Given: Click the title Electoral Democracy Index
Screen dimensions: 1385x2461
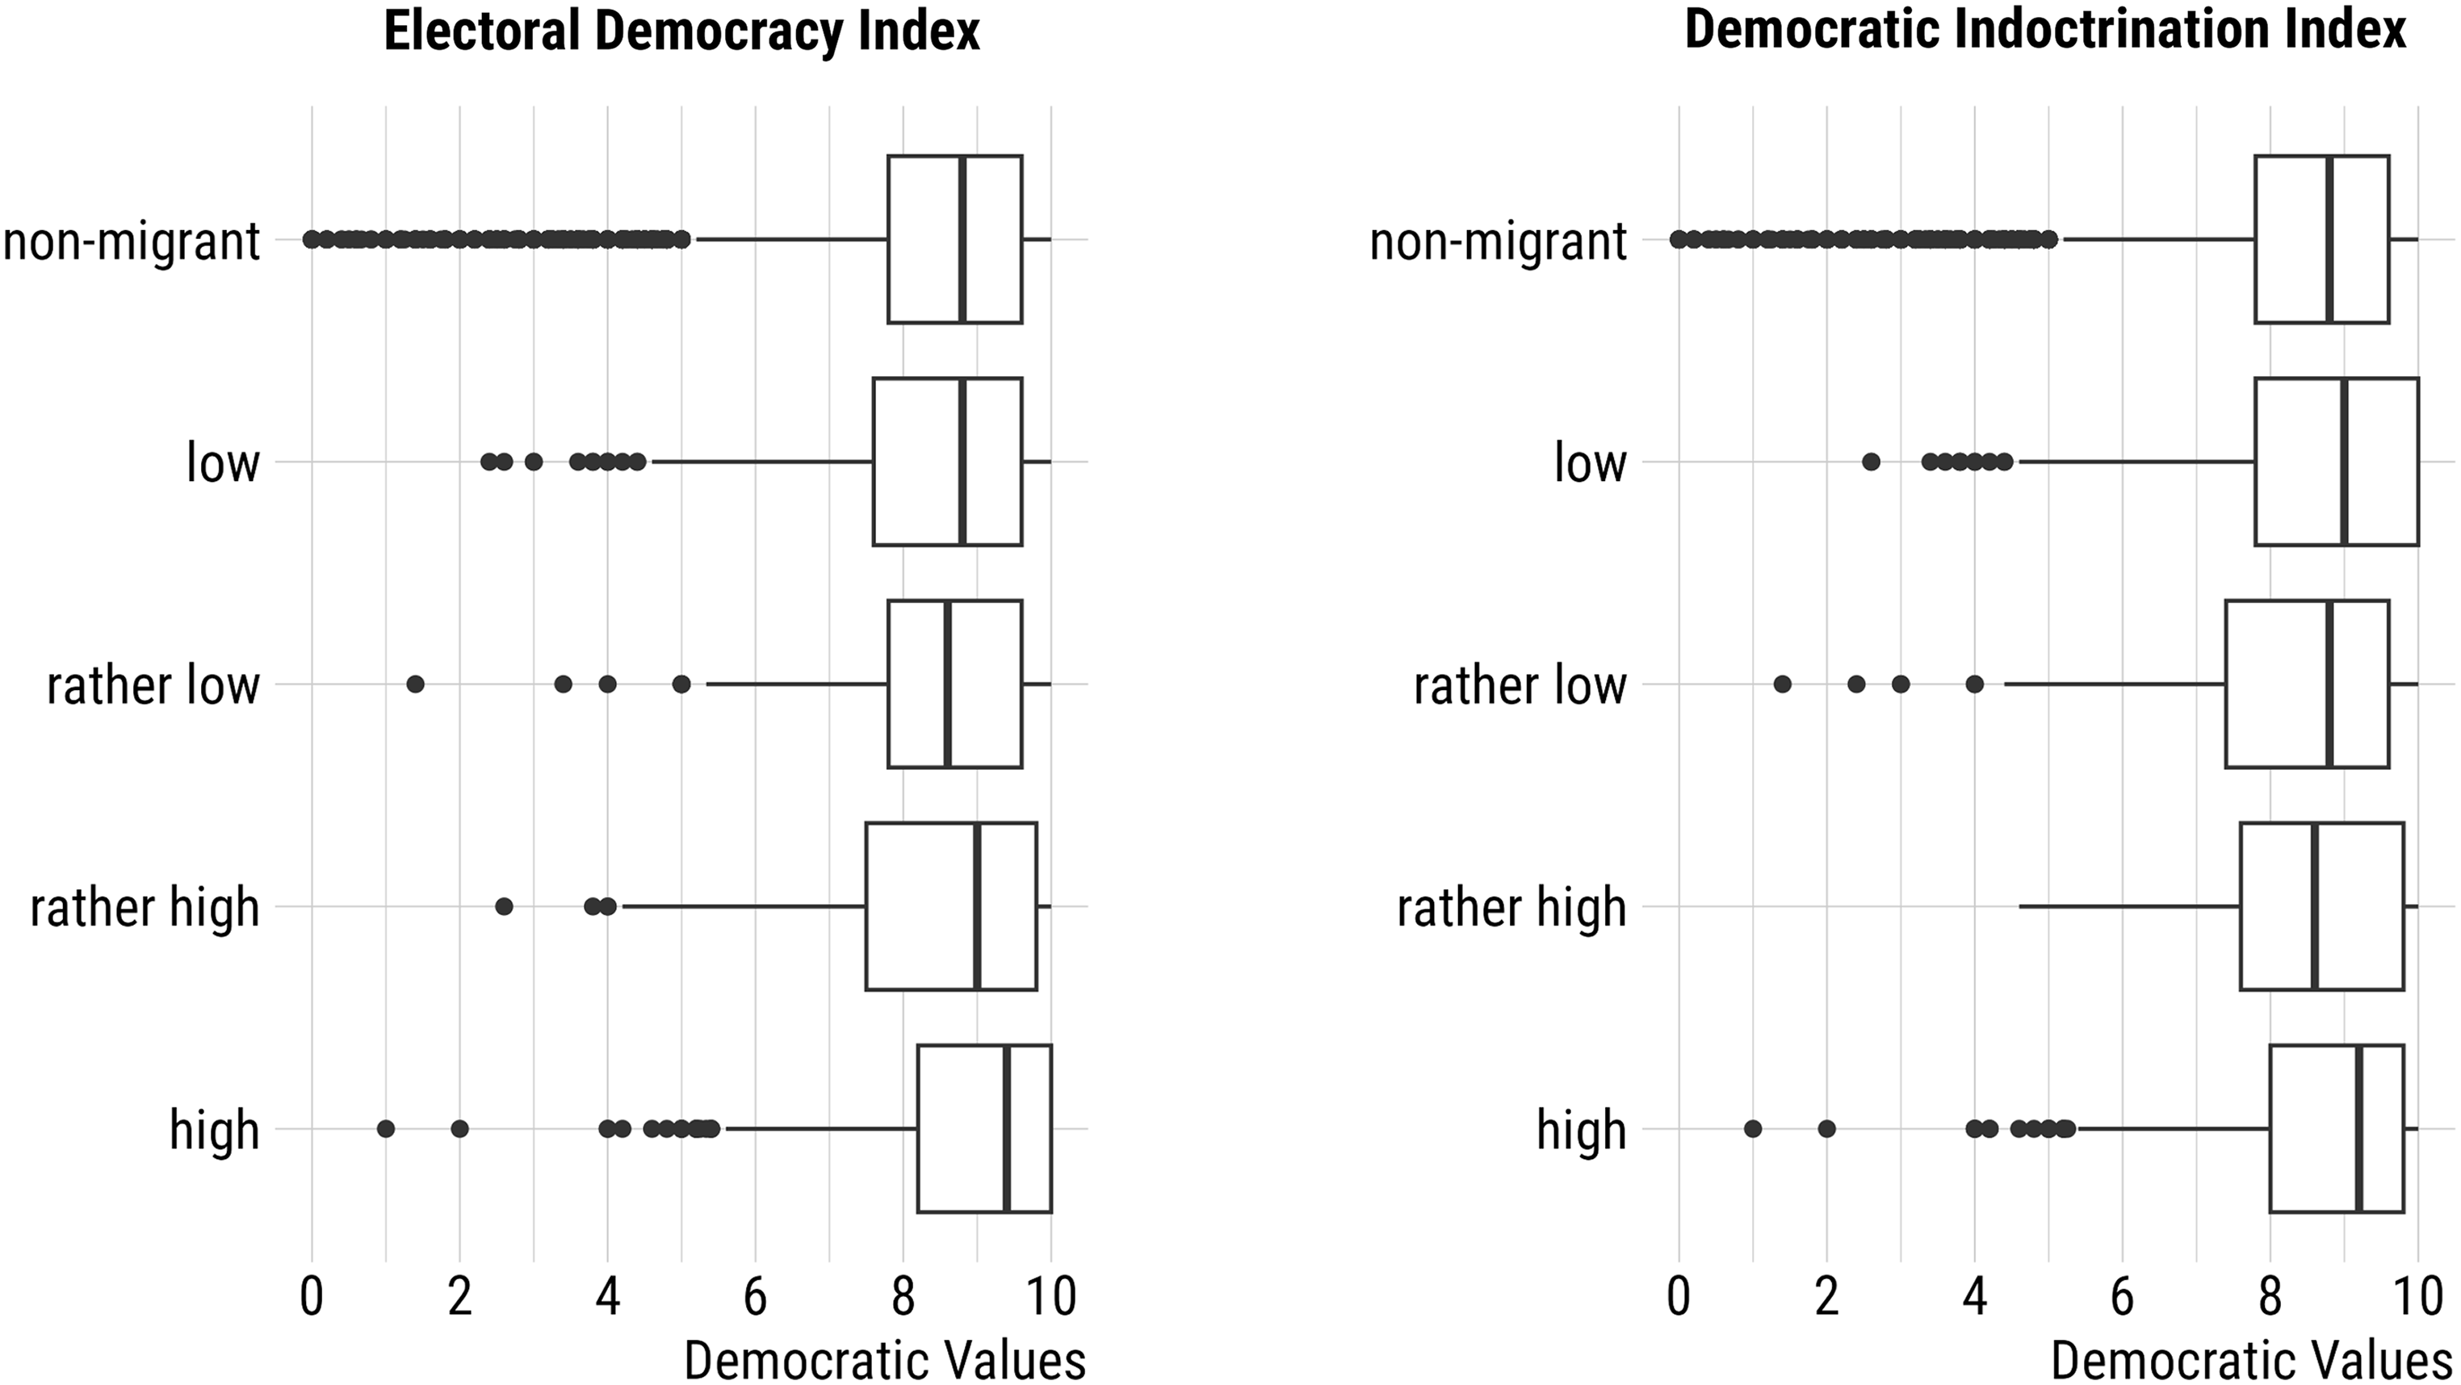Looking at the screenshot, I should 681,32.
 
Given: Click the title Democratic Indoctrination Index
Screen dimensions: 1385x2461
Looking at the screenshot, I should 2044,31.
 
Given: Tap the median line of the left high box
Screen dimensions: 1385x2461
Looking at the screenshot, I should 1007,1128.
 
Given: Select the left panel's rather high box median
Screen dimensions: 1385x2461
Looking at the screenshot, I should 977,906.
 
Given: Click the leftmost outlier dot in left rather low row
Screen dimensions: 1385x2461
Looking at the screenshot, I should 415,684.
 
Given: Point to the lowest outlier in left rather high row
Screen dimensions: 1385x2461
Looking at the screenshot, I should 504,906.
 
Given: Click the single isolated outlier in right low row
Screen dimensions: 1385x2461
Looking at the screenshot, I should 1871,462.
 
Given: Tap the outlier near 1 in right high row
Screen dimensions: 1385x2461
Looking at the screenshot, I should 1752,1128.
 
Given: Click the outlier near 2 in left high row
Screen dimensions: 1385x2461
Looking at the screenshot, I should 459,1128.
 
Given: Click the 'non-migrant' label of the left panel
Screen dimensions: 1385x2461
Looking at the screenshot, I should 131,241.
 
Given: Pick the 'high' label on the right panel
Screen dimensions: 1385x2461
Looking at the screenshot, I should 1580,1130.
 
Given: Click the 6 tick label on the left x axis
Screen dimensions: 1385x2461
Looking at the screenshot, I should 756,1296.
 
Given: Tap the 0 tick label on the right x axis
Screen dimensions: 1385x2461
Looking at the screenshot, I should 1679,1296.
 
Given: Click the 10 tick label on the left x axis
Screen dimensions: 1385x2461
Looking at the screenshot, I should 1051,1296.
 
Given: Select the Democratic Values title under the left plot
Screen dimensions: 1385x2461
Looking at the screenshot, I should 885,1360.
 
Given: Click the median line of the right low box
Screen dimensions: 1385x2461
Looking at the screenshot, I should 2345,462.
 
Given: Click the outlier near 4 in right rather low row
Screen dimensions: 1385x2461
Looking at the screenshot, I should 1975,684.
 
